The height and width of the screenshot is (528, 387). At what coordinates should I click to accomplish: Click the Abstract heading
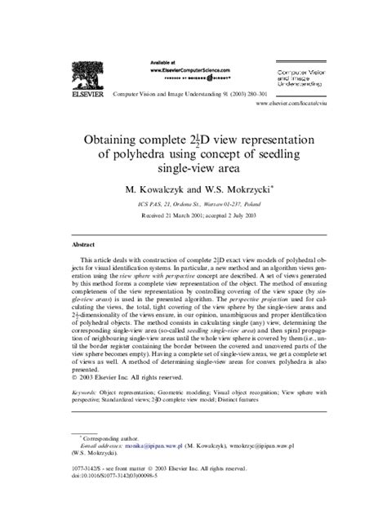(x=83, y=244)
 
